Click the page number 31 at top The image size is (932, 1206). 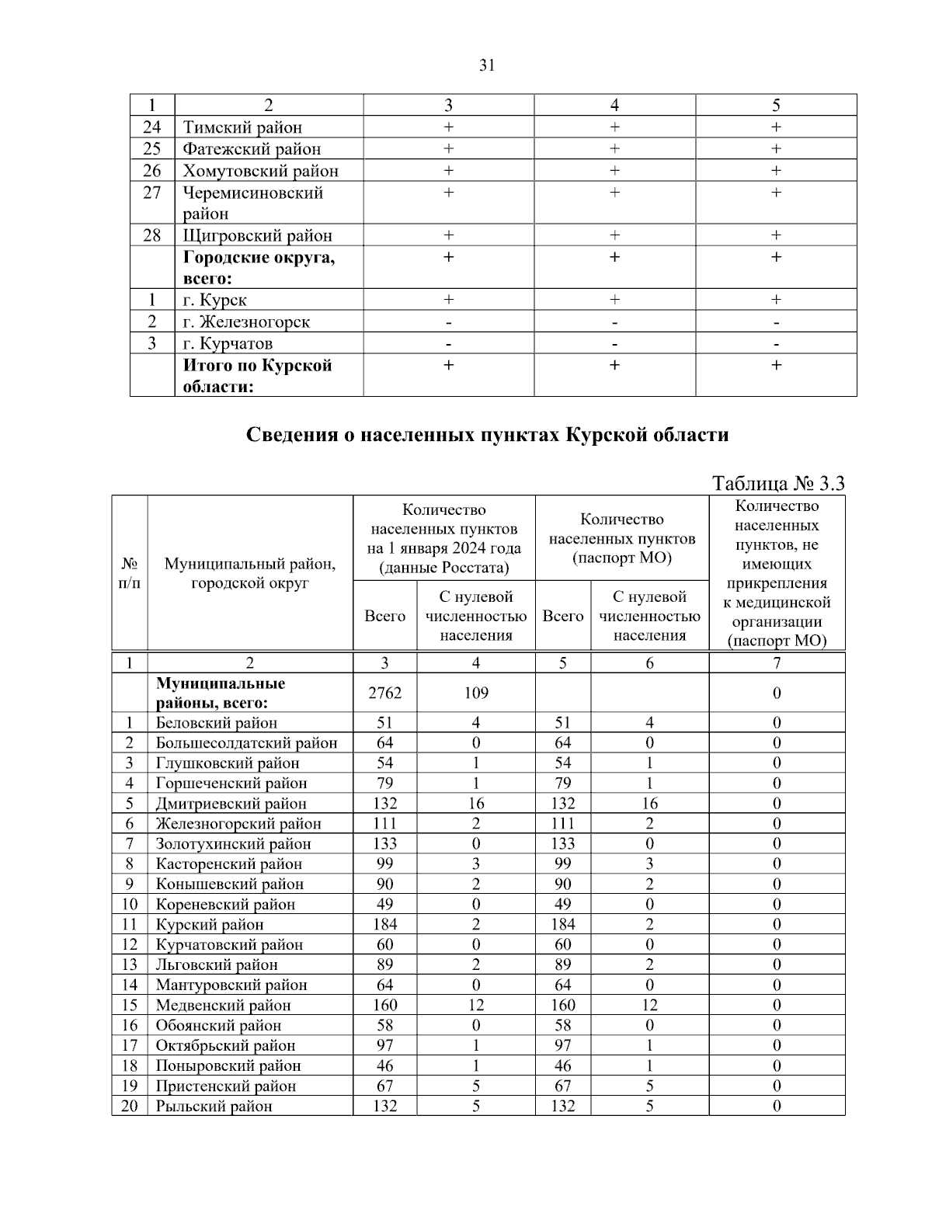[x=487, y=65]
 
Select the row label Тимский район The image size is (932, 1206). [x=242, y=127]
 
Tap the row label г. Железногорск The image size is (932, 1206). [x=246, y=321]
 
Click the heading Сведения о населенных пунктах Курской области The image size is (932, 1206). [x=487, y=435]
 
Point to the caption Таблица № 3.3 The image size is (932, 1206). [x=778, y=484]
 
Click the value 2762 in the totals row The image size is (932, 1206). [x=384, y=693]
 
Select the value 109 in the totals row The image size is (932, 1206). [x=475, y=693]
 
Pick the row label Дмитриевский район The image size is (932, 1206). [x=231, y=804]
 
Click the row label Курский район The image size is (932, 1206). [x=210, y=925]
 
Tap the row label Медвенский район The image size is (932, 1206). [x=224, y=1006]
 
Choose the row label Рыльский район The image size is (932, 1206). [x=214, y=1107]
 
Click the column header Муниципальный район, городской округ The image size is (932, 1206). [x=249, y=573]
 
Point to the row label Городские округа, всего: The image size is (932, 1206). [x=259, y=267]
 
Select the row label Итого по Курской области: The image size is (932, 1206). [x=257, y=375]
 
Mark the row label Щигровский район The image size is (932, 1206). [x=257, y=235]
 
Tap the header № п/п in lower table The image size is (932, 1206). [x=129, y=573]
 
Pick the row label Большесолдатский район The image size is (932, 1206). [x=247, y=743]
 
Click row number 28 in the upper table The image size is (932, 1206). [x=152, y=235]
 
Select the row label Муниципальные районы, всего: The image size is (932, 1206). [x=221, y=693]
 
